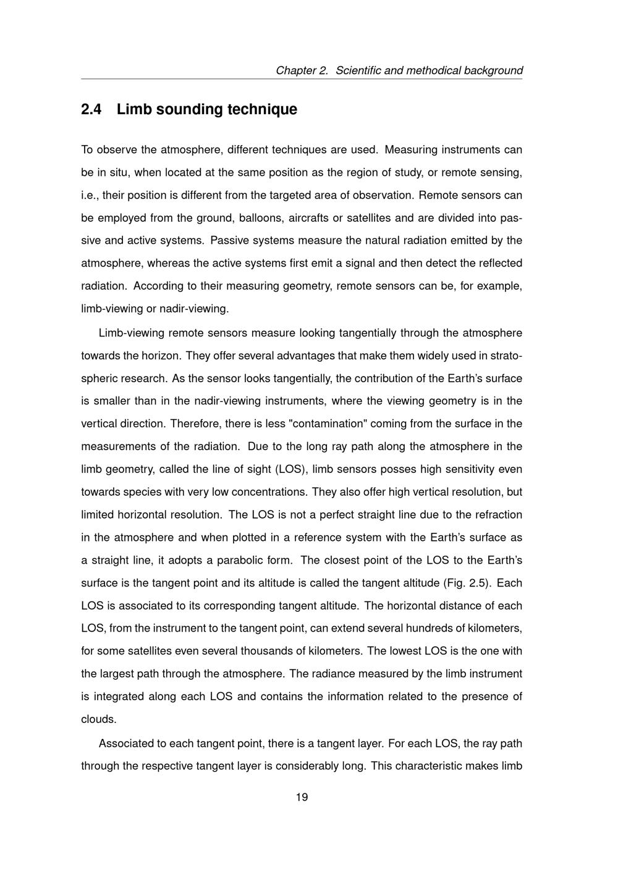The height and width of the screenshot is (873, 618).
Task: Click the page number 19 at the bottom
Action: (x=302, y=797)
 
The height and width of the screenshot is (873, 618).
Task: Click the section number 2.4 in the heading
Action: (x=91, y=109)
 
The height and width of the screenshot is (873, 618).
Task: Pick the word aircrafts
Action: (x=310, y=218)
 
